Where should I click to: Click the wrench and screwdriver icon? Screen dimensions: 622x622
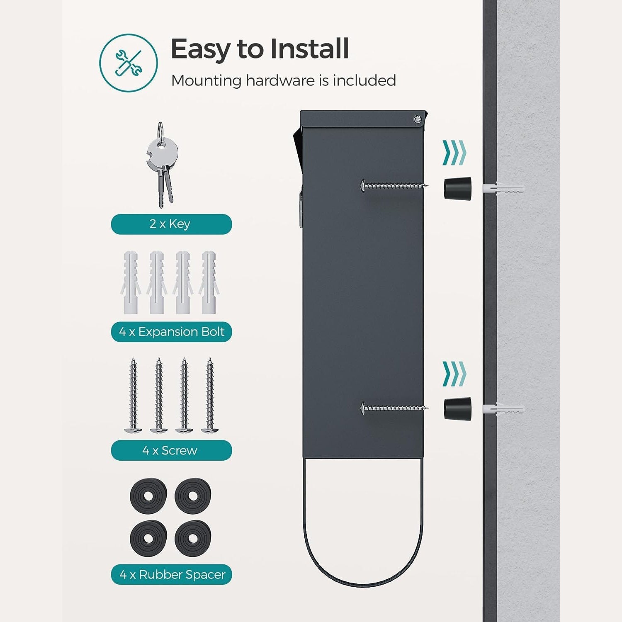tap(129, 63)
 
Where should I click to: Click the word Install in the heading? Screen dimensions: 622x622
tap(309, 49)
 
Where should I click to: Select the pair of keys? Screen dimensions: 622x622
tap(162, 165)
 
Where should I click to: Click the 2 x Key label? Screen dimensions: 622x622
tap(171, 224)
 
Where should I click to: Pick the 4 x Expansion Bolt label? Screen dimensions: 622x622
tap(171, 332)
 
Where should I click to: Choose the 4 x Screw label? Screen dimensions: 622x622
tap(171, 450)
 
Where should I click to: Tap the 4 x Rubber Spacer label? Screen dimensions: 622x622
tap(171, 574)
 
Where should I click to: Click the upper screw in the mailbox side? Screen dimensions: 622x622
tap(394, 186)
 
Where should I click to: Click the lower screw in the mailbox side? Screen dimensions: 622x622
tap(394, 408)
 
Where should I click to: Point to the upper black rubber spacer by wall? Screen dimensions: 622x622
tap(458, 188)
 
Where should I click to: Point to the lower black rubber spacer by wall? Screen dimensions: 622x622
tap(458, 408)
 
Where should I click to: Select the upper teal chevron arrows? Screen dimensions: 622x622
tap(454, 153)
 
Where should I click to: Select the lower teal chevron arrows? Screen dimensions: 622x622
tap(454, 374)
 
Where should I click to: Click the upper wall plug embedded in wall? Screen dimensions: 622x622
tap(503, 189)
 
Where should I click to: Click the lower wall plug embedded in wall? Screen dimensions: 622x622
tap(503, 409)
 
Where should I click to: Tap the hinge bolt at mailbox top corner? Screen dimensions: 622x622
tap(417, 120)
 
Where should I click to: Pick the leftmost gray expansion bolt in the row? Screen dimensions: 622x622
tap(131, 282)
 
